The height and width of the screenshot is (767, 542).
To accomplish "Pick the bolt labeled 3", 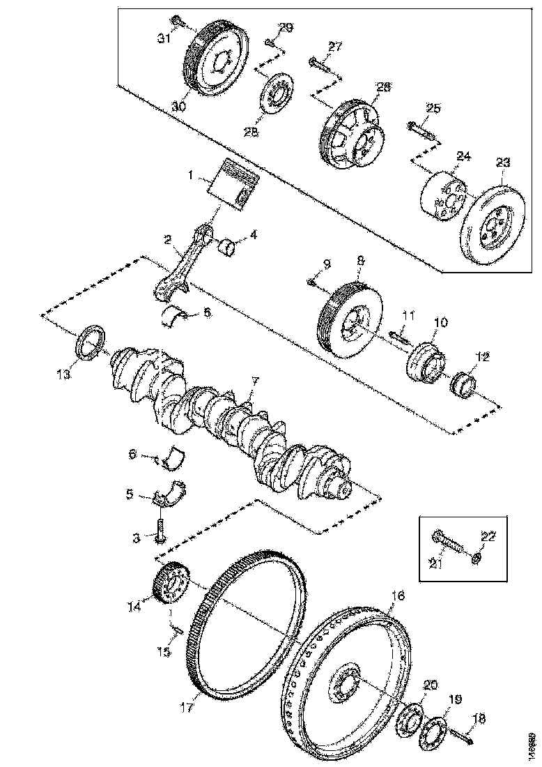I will point(161,529).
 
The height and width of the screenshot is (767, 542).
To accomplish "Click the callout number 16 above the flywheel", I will point(397,596).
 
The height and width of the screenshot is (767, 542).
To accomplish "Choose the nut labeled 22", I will point(477,558).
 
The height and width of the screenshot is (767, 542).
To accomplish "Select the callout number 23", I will point(503,162).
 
